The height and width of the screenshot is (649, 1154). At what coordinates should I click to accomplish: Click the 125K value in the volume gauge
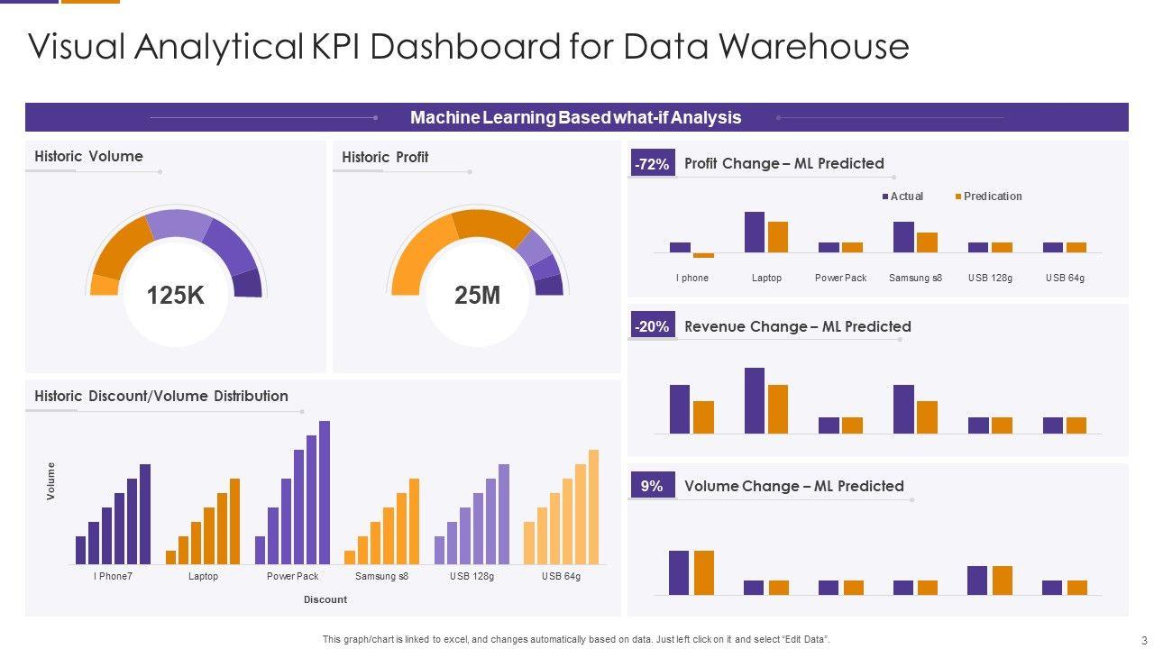point(175,295)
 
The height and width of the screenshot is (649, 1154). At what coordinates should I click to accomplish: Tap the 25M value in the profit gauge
point(478,295)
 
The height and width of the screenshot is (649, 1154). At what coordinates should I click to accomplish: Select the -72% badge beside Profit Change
point(652,164)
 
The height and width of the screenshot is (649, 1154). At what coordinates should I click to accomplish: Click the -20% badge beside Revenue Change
point(652,327)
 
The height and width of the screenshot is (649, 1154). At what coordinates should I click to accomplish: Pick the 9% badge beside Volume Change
point(652,487)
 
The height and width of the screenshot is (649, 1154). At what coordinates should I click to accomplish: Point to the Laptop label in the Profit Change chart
point(766,278)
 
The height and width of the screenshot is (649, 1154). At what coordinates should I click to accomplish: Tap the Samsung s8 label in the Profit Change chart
point(915,278)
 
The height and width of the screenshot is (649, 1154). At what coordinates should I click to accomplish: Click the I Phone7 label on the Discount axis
point(113,576)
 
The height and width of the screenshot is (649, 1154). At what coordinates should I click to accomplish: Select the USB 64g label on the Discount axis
point(561,576)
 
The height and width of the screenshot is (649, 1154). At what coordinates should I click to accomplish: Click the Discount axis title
point(325,599)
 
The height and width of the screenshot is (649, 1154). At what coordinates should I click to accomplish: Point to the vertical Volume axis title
point(51,481)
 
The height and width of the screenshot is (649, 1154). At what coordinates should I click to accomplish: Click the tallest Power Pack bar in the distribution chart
point(325,492)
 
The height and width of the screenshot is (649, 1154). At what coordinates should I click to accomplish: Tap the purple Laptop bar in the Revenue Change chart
point(755,400)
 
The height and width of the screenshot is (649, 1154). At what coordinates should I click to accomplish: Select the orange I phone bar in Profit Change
point(703,255)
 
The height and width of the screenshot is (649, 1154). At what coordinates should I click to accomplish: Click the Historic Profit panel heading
point(385,157)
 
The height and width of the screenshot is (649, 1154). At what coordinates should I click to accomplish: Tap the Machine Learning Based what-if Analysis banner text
point(575,117)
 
